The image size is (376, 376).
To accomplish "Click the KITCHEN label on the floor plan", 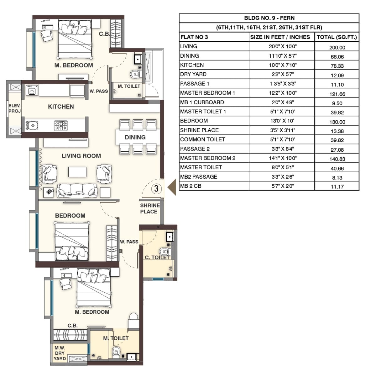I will pyautogui.click(x=61, y=107).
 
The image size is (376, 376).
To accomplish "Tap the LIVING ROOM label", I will pyautogui.click(x=81, y=156).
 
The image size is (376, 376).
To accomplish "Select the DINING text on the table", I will pyautogui.click(x=135, y=137).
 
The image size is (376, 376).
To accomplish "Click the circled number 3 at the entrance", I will pyautogui.click(x=156, y=188).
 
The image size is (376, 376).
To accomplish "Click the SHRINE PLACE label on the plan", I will pyautogui.click(x=149, y=208).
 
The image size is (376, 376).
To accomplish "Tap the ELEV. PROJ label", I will pyautogui.click(x=14, y=108).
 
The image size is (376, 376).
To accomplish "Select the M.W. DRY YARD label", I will pyautogui.click(x=60, y=353).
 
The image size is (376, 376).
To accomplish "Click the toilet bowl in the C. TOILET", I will pyautogui.click(x=164, y=251).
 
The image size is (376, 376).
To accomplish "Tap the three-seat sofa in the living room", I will pyautogui.click(x=77, y=190).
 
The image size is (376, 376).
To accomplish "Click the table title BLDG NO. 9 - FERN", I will pyautogui.click(x=269, y=18).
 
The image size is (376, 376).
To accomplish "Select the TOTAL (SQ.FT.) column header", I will pyautogui.click(x=337, y=37).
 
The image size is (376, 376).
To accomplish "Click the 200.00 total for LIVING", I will pyautogui.click(x=337, y=48).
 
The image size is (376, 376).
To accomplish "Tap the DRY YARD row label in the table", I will pyautogui.click(x=193, y=74).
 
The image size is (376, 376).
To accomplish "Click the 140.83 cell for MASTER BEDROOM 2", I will pyautogui.click(x=337, y=159).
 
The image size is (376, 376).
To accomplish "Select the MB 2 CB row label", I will pyautogui.click(x=191, y=186).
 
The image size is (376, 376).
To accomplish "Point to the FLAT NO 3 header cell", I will pyautogui.click(x=194, y=37).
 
